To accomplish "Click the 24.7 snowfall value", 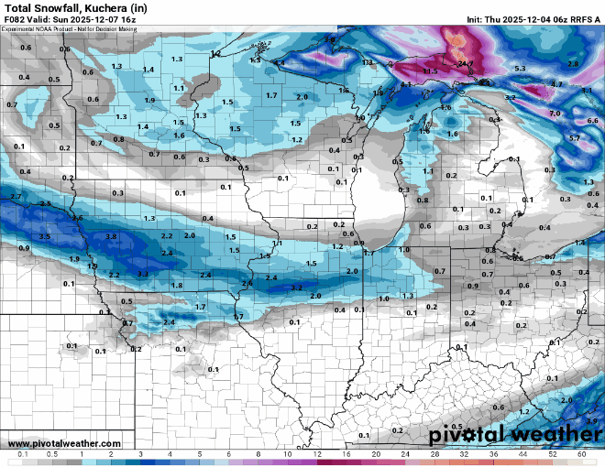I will pyautogui.click(x=466, y=63).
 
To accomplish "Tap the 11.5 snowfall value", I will pyautogui.click(x=430, y=71).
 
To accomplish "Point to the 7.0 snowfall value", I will pyautogui.click(x=555, y=113).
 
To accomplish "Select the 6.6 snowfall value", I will pyautogui.click(x=591, y=120).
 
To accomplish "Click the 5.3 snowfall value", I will pyautogui.click(x=520, y=69).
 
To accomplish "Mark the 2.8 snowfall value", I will pyautogui.click(x=573, y=63).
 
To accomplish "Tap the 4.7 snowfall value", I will pyautogui.click(x=556, y=83).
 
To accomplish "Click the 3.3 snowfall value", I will pyautogui.click(x=142, y=274).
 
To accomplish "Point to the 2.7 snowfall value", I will pyautogui.click(x=15, y=197).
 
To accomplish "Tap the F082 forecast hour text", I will pyautogui.click(x=15, y=19).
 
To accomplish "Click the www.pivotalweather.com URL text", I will pyautogui.click(x=52, y=443).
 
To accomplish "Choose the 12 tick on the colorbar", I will pyautogui.click(x=317, y=454).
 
